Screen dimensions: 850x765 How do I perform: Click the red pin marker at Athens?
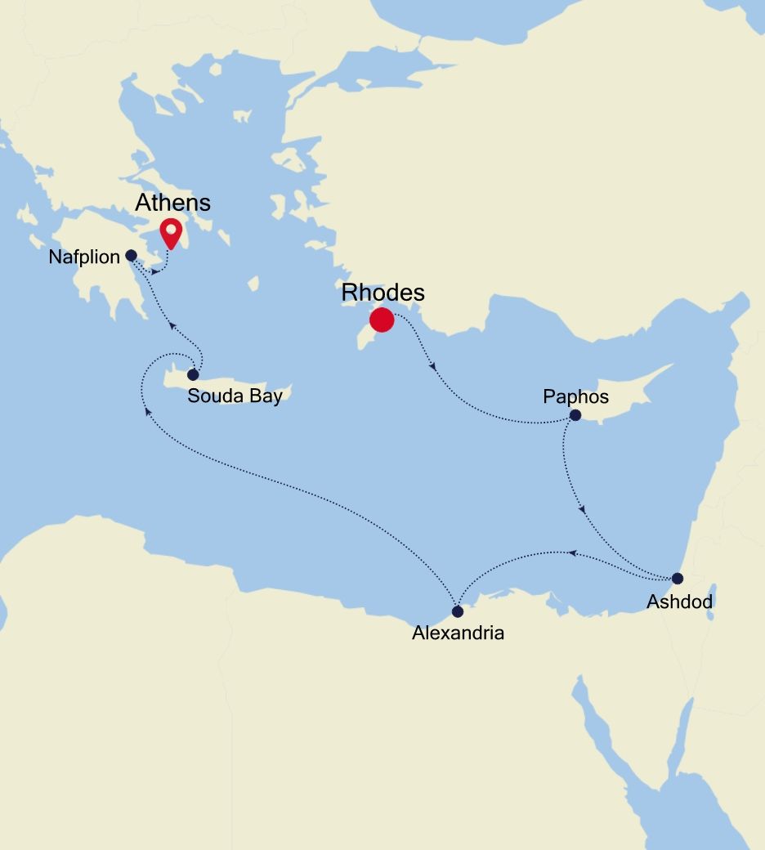[x=170, y=231]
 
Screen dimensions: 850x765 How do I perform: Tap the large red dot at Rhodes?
[x=382, y=320]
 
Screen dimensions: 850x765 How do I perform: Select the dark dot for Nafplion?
[x=131, y=255]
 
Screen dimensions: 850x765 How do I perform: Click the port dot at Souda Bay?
[x=193, y=375]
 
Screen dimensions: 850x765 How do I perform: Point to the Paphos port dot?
[x=575, y=415]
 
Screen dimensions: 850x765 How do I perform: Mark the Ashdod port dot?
[x=677, y=579]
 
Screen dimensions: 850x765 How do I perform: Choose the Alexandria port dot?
[x=458, y=611]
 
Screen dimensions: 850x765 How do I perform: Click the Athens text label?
[x=172, y=203]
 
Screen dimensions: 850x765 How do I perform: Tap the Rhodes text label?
[x=383, y=292]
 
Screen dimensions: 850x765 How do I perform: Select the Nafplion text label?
[x=85, y=257]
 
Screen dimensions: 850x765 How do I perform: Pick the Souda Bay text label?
[x=235, y=397]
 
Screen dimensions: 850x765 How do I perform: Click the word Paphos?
[x=576, y=396]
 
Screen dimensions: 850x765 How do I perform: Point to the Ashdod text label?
[x=679, y=602]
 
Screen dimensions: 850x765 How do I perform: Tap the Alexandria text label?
[x=458, y=633]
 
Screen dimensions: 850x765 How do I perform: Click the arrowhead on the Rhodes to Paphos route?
[x=432, y=366]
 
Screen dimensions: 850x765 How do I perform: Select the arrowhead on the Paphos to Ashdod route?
[x=582, y=509]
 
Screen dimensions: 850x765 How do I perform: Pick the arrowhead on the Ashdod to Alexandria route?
[x=573, y=553]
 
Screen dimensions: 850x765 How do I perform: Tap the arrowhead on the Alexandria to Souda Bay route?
[x=148, y=411]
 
